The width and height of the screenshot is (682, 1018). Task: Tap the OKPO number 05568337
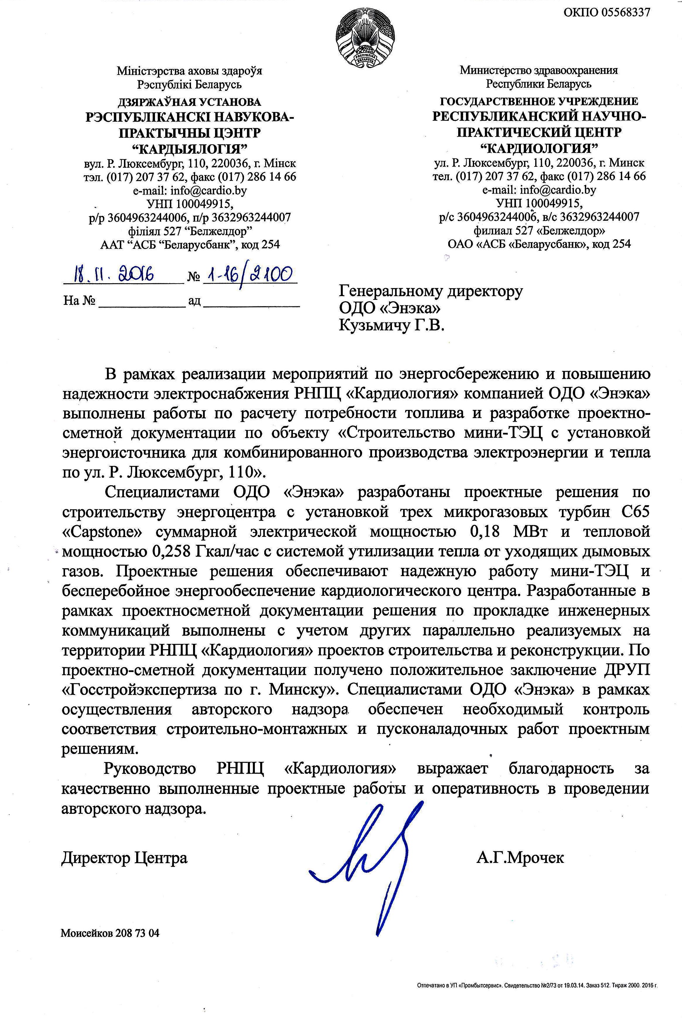tap(606, 12)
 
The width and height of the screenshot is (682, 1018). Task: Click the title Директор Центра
tap(125, 857)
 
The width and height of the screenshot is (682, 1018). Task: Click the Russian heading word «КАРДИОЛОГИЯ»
tap(539, 148)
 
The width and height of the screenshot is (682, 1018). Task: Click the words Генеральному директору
tap(431, 291)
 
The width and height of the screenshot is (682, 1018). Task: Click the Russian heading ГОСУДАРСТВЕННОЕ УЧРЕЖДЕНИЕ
tap(539, 102)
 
